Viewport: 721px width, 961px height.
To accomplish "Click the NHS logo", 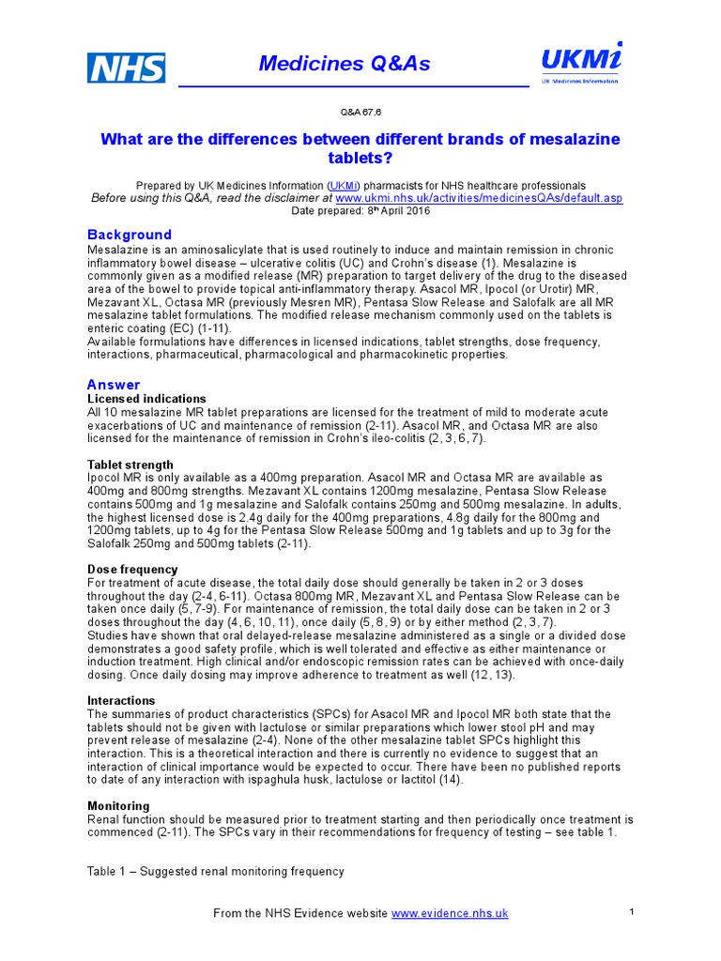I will (x=127, y=68).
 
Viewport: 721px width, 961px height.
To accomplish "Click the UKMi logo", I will (x=579, y=63).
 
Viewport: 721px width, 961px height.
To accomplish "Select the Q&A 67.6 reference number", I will (x=360, y=112).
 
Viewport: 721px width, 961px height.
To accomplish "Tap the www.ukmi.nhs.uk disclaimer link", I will (x=479, y=198).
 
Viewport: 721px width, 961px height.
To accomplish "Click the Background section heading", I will (x=130, y=235).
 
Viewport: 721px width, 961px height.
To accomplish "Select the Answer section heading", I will (x=114, y=385).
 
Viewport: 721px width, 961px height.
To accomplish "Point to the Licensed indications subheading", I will (x=146, y=399).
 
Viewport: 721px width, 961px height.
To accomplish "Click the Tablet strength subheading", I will (x=130, y=465).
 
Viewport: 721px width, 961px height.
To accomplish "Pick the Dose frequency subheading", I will (x=132, y=570).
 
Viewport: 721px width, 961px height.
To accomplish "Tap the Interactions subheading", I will (x=121, y=701).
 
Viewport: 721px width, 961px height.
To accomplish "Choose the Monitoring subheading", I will (x=119, y=806).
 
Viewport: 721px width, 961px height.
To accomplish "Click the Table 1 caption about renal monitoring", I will (x=216, y=872).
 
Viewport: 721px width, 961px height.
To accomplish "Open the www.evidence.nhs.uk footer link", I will (x=450, y=913).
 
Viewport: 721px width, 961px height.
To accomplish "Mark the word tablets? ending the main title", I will (x=360, y=159).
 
